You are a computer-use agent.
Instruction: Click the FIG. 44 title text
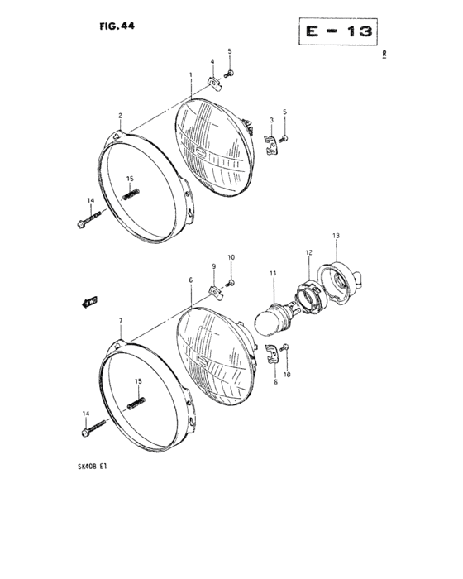(117, 26)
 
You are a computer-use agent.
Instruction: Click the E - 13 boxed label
(338, 31)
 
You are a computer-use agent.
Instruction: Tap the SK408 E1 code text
(93, 467)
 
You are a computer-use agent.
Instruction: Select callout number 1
(191, 75)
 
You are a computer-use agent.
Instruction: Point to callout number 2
(121, 116)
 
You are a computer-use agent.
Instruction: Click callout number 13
(336, 236)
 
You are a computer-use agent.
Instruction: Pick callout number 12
(308, 252)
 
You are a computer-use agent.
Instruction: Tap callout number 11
(273, 273)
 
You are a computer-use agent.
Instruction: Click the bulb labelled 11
(274, 318)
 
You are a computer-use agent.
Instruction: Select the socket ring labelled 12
(309, 296)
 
